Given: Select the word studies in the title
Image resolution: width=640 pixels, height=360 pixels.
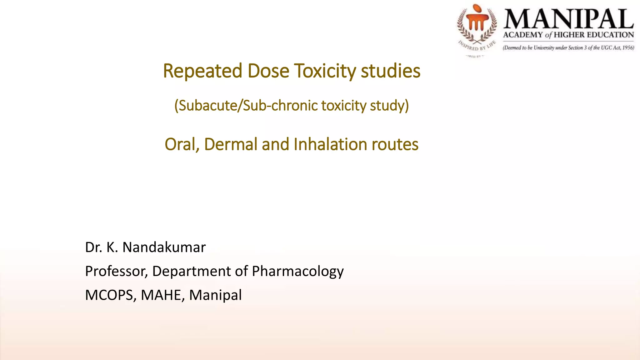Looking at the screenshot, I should (x=391, y=71).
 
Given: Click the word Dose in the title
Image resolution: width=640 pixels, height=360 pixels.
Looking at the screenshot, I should (x=268, y=71).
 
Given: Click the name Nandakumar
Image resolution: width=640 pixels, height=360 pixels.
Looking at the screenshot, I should (x=164, y=247).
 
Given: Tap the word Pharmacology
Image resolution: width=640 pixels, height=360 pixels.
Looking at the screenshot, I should (x=297, y=271).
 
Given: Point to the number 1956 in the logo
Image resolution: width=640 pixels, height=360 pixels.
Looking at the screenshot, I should (x=628, y=48).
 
